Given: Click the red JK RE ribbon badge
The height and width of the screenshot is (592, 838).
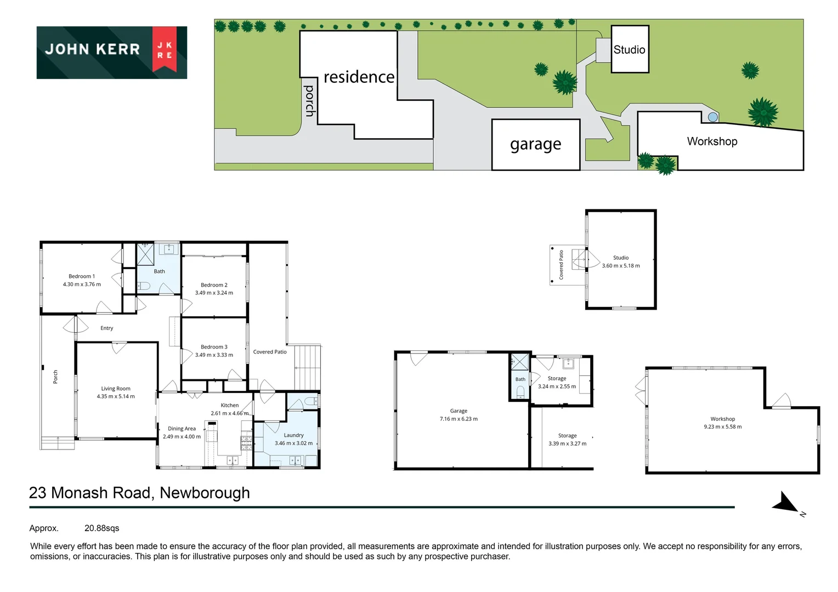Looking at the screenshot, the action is point(164,49).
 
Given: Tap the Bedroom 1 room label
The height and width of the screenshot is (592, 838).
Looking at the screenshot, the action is point(82,276).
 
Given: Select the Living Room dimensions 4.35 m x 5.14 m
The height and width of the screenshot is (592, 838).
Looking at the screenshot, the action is point(116,396).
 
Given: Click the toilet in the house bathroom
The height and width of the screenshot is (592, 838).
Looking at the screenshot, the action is point(144,286).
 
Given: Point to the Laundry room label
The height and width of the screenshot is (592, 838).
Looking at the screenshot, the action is point(293,435).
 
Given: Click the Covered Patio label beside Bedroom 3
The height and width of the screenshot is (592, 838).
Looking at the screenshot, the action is point(270,352).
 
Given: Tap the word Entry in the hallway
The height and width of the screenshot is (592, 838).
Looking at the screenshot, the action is point(106,328).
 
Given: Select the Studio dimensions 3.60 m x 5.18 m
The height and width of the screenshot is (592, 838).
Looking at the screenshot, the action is point(621,265).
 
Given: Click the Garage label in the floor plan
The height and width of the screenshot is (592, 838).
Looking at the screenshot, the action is point(458,411).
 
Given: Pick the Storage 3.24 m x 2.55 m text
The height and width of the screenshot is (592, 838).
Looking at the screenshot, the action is point(557,382).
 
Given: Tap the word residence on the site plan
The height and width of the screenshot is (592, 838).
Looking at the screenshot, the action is point(359,77).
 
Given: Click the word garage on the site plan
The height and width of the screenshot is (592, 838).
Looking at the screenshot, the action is point(535,144).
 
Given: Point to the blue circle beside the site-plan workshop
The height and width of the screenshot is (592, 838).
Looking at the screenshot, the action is point(712,117).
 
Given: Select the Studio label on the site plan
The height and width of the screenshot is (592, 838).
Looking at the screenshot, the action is point(629,49).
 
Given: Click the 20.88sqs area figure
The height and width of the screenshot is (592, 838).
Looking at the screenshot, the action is point(102,528).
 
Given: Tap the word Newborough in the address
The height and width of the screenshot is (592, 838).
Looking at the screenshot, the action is point(205,493).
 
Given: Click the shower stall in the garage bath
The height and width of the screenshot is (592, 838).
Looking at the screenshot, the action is point(520,362).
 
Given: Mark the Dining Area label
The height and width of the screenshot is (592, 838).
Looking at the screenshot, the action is point(182,429).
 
